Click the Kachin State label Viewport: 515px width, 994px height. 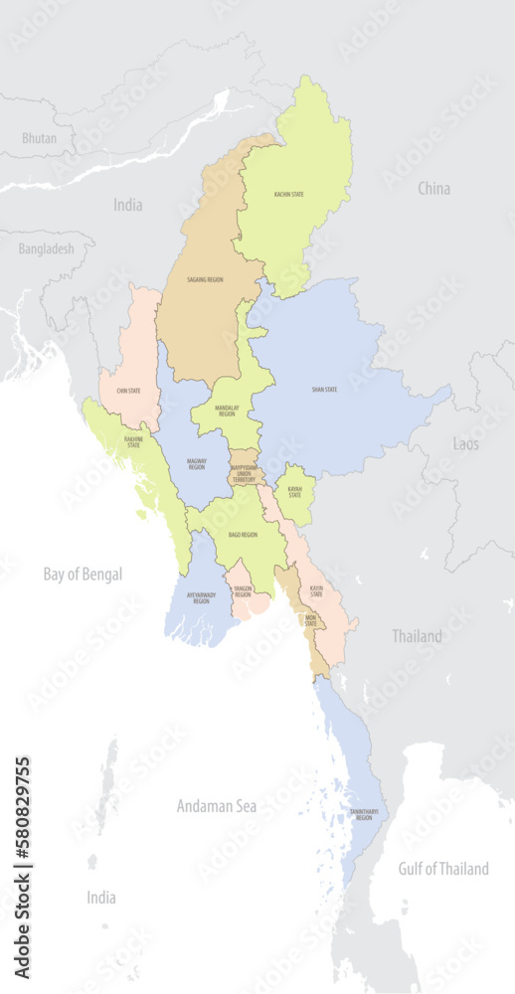click(x=288, y=195)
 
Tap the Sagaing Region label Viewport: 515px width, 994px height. click(x=205, y=280)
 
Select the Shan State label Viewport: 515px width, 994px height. click(x=324, y=389)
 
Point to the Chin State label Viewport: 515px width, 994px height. click(x=127, y=391)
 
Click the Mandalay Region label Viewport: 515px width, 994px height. click(x=227, y=410)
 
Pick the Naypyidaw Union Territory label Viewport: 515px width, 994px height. click(x=244, y=473)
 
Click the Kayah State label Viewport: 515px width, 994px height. click(x=295, y=491)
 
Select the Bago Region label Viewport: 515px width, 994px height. click(x=243, y=535)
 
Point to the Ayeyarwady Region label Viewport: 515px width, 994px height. click(x=201, y=598)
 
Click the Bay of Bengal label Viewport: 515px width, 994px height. click(x=83, y=574)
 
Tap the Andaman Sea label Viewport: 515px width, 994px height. click(x=216, y=806)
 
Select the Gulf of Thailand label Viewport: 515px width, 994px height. click(x=443, y=869)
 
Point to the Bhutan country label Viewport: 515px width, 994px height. click(x=39, y=138)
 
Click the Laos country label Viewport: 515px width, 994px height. click(x=465, y=443)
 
